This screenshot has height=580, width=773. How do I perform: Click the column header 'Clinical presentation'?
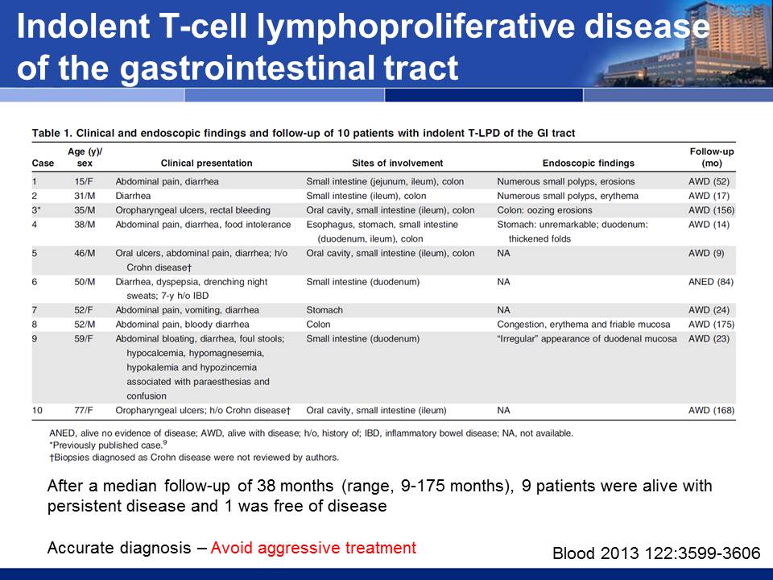coord(206,164)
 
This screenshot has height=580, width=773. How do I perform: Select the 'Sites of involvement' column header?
coord(397,164)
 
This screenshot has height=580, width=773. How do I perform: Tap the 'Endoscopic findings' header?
coord(588,164)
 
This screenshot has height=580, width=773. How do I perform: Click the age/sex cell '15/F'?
coord(84,181)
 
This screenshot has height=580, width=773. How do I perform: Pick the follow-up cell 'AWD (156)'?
coord(711,210)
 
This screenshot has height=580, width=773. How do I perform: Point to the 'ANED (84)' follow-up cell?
coord(711,282)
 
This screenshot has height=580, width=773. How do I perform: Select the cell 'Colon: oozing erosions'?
coord(544,210)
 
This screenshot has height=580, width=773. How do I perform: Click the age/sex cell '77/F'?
coord(84,410)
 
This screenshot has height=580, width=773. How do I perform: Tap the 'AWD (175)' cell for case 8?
coord(711,325)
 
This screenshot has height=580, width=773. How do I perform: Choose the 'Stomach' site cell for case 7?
coord(324,310)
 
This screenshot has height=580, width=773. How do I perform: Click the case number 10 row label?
coord(38,410)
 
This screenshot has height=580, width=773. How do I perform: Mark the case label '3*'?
coord(36,210)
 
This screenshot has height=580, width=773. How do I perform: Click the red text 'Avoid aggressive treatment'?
coord(313,548)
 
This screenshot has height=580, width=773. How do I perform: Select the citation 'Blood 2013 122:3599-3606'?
coord(656,553)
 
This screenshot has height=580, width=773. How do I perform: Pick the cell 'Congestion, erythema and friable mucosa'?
coord(584,325)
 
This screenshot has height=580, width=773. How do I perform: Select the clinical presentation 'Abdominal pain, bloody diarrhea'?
coord(182,325)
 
